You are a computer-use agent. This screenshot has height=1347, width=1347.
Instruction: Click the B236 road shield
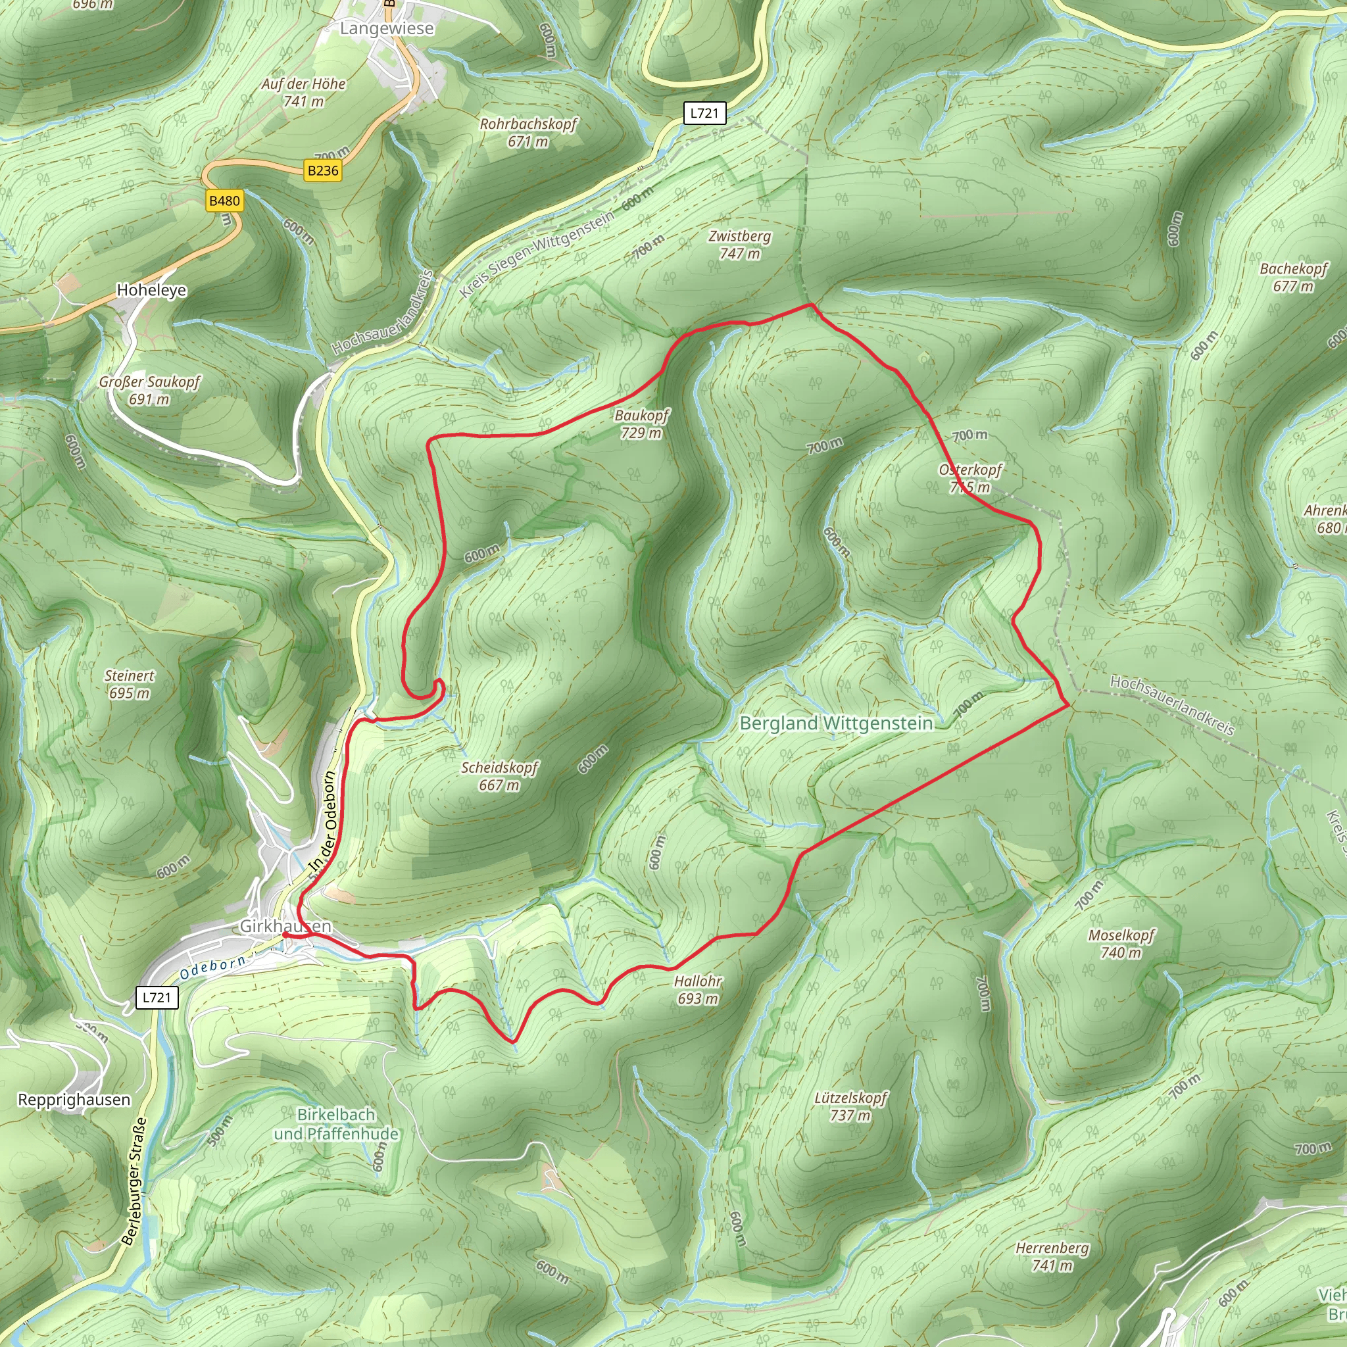coord(323,171)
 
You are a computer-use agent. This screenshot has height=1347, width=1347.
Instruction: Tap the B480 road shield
coord(224,201)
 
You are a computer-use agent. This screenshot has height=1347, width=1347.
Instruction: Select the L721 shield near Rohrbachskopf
coord(704,113)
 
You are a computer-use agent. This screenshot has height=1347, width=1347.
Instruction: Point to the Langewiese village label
coord(387,28)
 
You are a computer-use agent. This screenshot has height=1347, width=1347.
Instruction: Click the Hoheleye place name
coord(151,290)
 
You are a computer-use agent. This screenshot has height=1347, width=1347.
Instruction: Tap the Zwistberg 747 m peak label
coord(740,245)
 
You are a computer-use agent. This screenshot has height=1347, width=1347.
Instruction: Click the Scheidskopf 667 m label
coord(499,776)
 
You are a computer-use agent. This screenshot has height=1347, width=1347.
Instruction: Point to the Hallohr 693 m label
coord(698,989)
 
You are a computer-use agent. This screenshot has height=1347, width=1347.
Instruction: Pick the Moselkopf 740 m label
coord(1122,943)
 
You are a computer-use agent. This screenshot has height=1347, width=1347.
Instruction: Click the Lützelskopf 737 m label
coord(850,1106)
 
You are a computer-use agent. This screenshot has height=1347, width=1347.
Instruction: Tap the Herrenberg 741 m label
coord(1052,1256)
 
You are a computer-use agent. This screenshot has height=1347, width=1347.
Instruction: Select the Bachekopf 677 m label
coord(1293,277)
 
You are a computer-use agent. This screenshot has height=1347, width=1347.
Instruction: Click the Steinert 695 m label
coord(130,684)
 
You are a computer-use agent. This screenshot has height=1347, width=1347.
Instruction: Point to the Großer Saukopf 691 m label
coord(149,391)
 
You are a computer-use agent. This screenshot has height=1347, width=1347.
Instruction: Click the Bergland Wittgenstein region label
coord(836,723)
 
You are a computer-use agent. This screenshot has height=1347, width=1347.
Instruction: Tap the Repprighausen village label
coord(74,1100)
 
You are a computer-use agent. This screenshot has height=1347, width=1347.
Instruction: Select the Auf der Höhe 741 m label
coord(304,92)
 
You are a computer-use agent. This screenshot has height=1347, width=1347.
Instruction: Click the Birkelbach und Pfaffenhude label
coord(336,1124)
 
